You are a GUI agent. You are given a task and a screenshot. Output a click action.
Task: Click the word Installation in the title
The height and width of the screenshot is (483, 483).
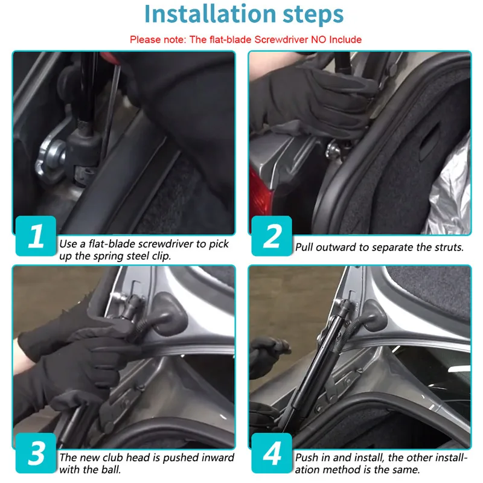coord(210,14)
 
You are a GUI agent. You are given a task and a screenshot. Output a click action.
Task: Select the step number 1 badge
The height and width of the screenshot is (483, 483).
coord(36,236)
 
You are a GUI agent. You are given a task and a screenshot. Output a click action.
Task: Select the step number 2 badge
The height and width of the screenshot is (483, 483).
coord(272,236)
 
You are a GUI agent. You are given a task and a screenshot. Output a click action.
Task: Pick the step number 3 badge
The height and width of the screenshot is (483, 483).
coord(36,453)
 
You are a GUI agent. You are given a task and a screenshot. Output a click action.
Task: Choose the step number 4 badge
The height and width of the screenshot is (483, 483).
coord(272,453)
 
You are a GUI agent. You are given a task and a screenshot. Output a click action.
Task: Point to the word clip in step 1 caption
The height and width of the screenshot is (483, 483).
coord(161,256)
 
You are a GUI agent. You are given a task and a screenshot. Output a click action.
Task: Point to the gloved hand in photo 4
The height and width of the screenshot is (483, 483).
coord(267,354)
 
